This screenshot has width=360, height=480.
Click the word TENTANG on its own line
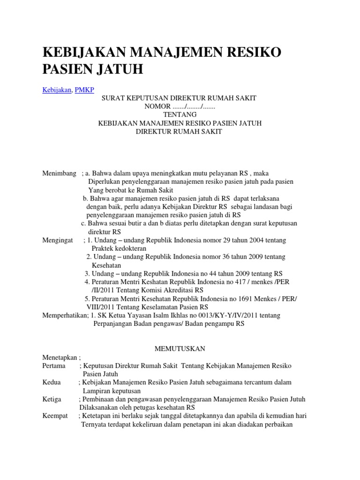(x=180, y=114)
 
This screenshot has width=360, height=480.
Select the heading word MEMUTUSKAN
(x=180, y=348)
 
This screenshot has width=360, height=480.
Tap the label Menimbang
(x=60, y=173)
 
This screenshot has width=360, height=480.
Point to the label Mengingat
(x=58, y=240)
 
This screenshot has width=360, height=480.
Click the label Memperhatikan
(x=64, y=315)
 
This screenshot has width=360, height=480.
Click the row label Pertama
(x=54, y=365)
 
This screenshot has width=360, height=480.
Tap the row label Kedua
(x=52, y=382)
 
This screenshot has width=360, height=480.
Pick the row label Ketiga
(x=52, y=399)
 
